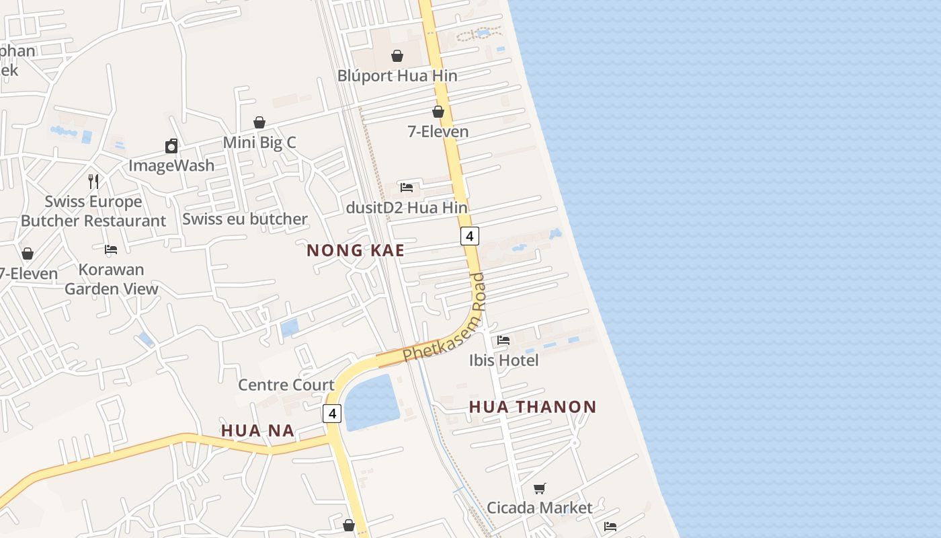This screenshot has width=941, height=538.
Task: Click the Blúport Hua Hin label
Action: point(397,76)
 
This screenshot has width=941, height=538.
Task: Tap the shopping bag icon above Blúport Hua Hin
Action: point(397,56)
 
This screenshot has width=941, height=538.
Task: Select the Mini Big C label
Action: point(259,143)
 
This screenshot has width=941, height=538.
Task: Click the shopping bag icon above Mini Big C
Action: point(259,122)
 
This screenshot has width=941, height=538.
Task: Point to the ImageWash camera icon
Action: point(171,146)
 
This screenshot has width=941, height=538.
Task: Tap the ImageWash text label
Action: point(171,165)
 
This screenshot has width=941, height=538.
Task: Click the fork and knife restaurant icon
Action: point(93,181)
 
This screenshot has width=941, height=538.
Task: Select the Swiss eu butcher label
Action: point(245,219)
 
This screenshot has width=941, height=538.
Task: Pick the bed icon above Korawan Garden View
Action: point(111,249)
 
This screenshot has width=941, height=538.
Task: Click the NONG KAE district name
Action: point(356,251)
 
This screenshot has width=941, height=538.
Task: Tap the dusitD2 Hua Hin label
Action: point(407,208)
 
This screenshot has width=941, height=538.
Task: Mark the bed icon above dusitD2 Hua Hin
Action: point(407,188)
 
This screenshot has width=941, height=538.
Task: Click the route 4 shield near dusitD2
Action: point(470,236)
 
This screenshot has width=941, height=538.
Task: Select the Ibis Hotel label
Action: point(504,360)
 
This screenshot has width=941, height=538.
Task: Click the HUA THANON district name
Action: point(532,407)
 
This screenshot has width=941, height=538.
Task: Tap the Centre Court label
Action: point(286,385)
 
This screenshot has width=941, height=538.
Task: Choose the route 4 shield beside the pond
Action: point(332,413)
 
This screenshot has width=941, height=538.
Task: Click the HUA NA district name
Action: point(257,431)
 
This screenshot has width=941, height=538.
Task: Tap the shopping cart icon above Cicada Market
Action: point(540,488)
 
